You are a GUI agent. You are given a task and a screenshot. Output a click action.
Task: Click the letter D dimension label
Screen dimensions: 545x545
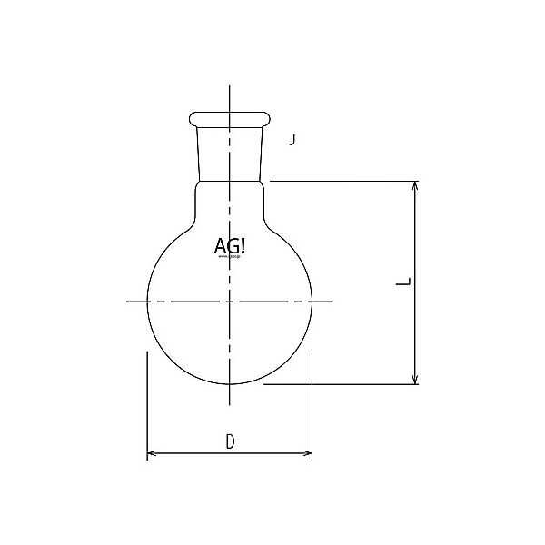pyautogui.click(x=231, y=442)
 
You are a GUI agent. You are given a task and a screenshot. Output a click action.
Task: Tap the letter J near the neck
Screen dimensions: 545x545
pyautogui.click(x=292, y=140)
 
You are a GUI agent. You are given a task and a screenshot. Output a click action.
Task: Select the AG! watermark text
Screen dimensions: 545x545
pyautogui.click(x=227, y=245)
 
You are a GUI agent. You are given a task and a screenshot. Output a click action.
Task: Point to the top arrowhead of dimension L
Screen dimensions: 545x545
pyautogui.click(x=416, y=184)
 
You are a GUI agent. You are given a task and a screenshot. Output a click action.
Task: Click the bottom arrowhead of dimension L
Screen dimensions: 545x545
pyautogui.click(x=416, y=380)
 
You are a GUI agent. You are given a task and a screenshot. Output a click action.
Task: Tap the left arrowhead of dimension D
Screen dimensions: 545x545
pyautogui.click(x=151, y=453)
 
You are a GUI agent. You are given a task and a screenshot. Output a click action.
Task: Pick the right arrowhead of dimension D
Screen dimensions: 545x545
pyautogui.click(x=309, y=453)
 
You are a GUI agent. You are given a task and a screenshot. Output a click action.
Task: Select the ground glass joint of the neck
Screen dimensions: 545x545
pyautogui.click(x=230, y=150)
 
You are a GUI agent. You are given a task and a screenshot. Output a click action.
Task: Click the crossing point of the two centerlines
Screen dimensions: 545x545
pyautogui.click(x=230, y=301)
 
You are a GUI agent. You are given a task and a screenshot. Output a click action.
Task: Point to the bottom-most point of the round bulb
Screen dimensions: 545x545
pyautogui.click(x=230, y=383)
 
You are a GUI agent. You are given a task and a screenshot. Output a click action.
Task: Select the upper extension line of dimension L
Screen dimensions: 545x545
pyautogui.click(x=345, y=181)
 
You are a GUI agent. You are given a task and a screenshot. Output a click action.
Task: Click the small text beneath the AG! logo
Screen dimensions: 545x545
pyautogui.click(x=227, y=257)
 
